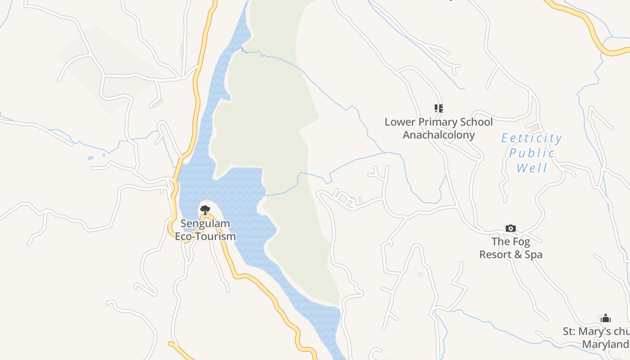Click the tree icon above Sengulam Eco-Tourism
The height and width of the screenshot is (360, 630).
205,210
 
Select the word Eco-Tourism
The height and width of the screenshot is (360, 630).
205,236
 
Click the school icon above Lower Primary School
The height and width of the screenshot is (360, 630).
439,108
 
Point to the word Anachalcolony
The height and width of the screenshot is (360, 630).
439,135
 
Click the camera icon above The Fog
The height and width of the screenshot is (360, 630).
510,229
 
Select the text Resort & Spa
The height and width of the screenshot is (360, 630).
511,255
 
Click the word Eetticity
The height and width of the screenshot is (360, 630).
532,138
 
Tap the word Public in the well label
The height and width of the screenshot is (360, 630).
532,153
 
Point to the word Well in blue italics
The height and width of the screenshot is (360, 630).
532,169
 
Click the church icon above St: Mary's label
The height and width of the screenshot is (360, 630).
606,318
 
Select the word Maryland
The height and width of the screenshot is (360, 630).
606,345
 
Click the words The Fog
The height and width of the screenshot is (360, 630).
511,242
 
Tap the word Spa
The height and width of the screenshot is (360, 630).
534,255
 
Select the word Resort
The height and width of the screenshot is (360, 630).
495,255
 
